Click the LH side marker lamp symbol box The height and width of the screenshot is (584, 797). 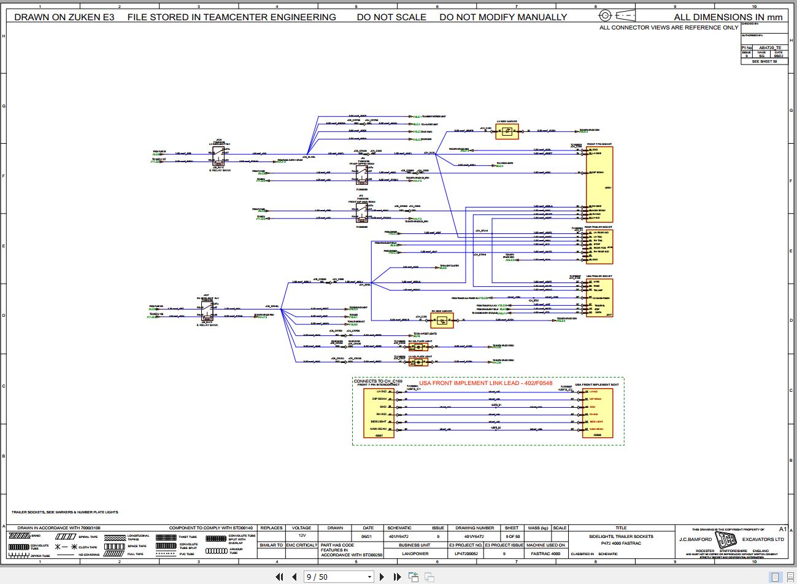coord(507,131)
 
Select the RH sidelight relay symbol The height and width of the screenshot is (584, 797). coord(207,311)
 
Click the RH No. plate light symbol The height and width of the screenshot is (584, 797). coord(419,346)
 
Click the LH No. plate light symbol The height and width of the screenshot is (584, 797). coord(419,362)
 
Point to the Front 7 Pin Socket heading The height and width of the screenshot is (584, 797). coord(599,144)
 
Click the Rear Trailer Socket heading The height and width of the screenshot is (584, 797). coord(599,227)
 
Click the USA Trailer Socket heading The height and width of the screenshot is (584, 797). coord(599,277)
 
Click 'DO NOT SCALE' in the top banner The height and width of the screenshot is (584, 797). coord(391,17)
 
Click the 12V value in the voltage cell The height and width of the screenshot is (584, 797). coord(301,535)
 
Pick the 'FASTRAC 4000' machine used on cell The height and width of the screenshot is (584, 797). coord(546,553)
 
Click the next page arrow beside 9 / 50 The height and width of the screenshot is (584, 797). coord(382,577)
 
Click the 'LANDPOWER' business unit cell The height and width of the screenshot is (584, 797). coord(414,553)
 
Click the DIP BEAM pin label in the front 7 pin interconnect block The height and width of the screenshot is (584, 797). coord(379,399)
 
